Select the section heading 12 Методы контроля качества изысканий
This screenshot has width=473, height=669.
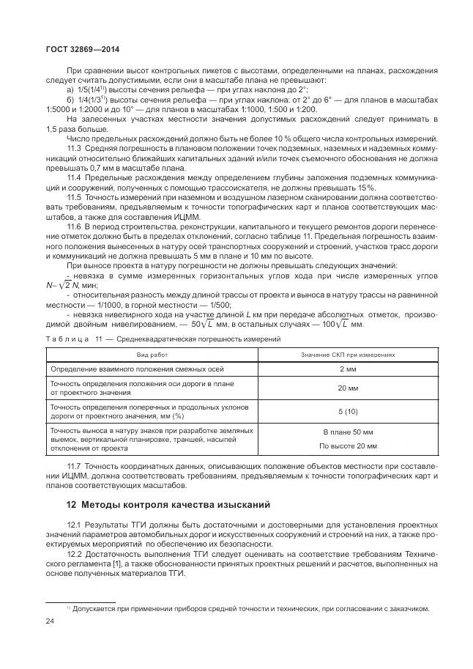tap(168, 504)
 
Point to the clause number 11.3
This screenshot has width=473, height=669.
tap(74, 148)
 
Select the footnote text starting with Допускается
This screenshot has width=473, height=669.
tap(249, 609)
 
